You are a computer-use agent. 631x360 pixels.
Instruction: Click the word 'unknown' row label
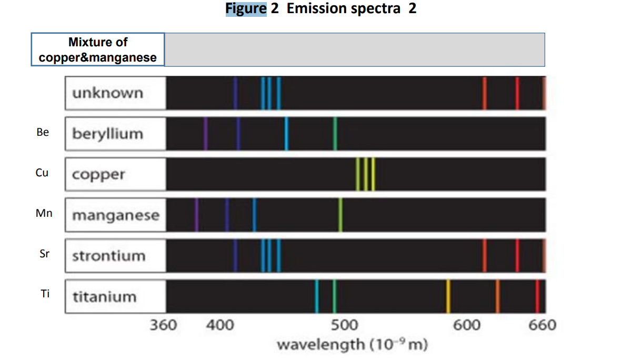click(x=107, y=93)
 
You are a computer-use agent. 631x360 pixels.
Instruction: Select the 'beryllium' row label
click(x=107, y=134)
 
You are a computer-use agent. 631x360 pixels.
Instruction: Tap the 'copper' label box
click(x=99, y=174)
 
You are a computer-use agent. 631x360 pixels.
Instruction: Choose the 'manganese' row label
click(x=115, y=215)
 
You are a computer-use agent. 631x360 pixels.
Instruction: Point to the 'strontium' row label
click(x=108, y=256)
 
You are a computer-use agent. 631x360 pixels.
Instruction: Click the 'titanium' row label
click(x=104, y=297)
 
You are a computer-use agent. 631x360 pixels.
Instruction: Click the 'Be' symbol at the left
click(x=43, y=132)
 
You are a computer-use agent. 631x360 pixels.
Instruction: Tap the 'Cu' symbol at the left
click(x=42, y=173)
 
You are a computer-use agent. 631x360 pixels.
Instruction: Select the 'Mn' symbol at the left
click(x=44, y=213)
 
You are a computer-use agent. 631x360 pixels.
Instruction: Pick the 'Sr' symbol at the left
click(x=45, y=254)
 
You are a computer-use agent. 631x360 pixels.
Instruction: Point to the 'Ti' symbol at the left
click(x=45, y=294)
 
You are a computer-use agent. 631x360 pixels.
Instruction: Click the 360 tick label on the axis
click(x=163, y=325)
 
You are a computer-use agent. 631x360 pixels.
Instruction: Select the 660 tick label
click(x=542, y=325)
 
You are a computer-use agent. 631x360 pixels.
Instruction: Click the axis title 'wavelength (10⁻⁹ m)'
click(x=352, y=345)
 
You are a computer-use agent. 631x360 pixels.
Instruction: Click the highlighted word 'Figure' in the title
click(x=246, y=9)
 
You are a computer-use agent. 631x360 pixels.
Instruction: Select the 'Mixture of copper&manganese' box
click(x=98, y=49)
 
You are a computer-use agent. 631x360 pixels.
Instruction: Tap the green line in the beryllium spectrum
click(x=335, y=134)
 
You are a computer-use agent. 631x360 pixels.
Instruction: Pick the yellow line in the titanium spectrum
click(x=448, y=296)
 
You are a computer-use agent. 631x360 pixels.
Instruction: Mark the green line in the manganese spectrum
click(x=340, y=215)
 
